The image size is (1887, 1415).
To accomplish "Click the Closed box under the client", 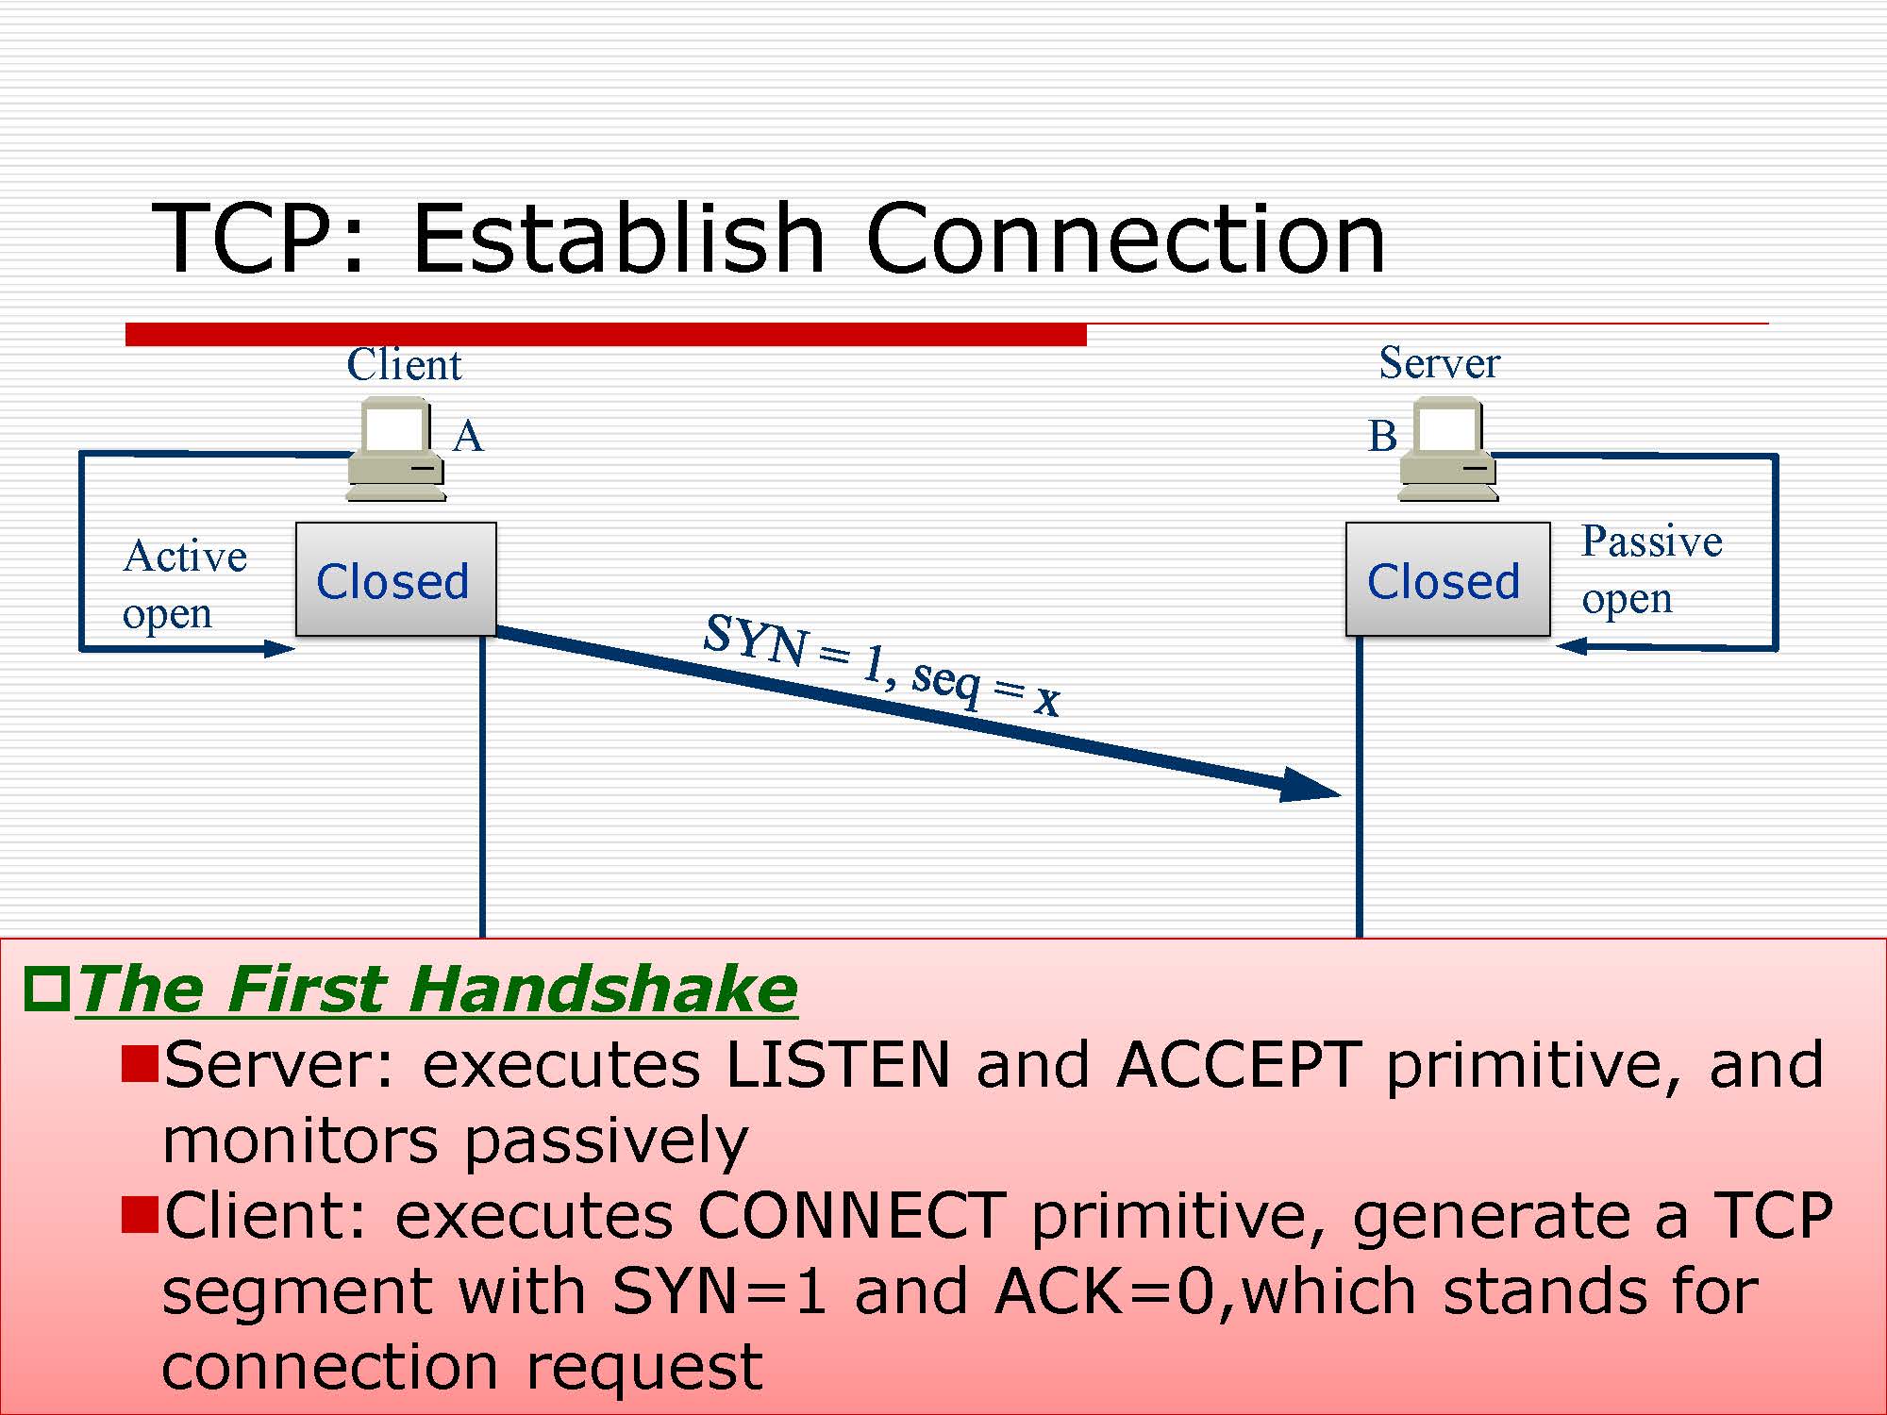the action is point(396,579).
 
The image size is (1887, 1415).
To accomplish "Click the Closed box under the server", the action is point(1447,579).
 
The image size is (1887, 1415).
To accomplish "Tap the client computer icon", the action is point(396,449).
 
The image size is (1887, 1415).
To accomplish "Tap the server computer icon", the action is point(1447,449).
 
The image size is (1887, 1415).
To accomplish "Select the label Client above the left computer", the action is point(404,365).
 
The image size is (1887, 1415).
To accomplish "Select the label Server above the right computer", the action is point(1439,363).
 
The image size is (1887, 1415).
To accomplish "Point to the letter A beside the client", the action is point(468,437).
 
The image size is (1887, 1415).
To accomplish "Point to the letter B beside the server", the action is point(1382,437).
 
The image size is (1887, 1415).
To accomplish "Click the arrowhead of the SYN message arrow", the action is point(1311,786).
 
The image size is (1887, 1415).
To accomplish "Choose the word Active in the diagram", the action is point(185,557).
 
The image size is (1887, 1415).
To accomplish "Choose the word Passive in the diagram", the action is point(1652,541).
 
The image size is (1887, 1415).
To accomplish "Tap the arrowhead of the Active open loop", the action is point(279,648).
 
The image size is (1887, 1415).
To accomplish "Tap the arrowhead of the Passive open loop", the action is point(1572,646).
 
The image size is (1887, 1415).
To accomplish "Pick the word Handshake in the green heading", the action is point(602,989).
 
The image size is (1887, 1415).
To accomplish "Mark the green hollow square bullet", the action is point(47,989).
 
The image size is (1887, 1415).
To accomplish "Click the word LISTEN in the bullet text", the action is point(837,1065).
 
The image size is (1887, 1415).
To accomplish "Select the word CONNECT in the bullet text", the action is point(852,1215).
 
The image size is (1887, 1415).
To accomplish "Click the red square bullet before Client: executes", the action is point(140,1215).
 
